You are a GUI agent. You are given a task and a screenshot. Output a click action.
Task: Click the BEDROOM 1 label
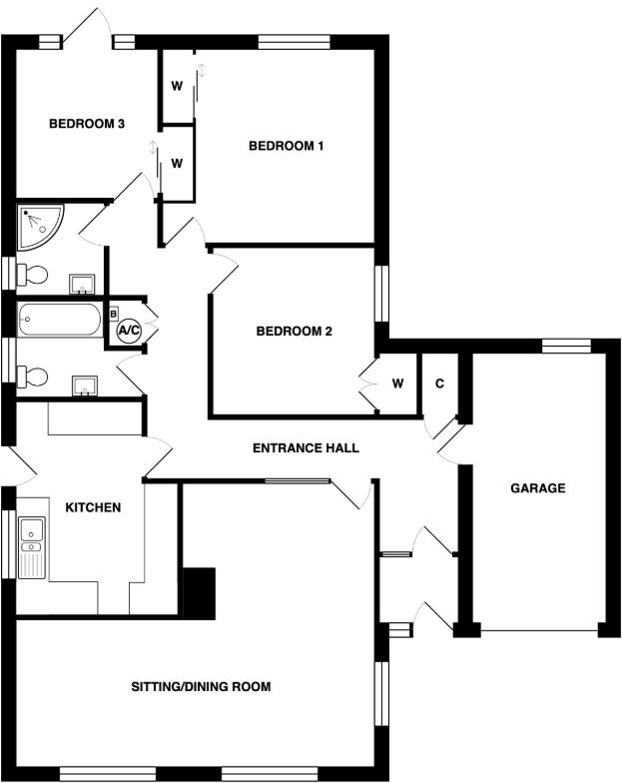click(287, 146)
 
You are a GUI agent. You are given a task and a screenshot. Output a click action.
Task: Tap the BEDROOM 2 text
click(294, 332)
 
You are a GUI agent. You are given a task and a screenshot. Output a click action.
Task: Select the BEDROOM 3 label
click(87, 124)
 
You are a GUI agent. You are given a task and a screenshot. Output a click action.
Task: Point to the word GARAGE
click(538, 488)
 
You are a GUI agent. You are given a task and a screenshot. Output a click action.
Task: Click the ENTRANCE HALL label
click(306, 448)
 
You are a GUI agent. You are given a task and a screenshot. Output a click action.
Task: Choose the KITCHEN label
click(93, 507)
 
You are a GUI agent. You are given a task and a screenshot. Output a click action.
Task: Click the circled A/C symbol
click(129, 329)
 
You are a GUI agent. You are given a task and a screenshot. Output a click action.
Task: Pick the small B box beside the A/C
click(113, 314)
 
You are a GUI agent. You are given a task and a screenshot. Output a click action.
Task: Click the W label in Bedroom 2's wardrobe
click(397, 384)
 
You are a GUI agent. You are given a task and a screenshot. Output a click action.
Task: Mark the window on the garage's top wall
click(566, 346)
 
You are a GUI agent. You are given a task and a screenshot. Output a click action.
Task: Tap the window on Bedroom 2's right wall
click(381, 295)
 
